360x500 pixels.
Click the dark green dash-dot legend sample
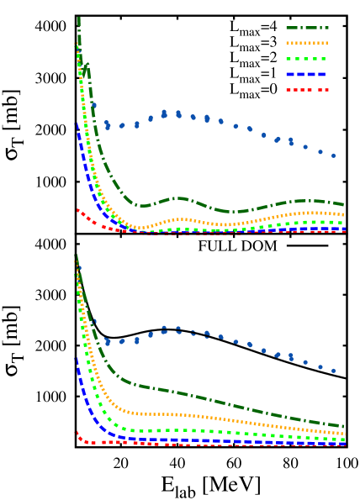click(306, 28)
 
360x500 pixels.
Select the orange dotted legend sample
click(306, 43)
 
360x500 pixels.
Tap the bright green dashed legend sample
click(306, 59)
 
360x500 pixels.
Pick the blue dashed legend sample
click(306, 74)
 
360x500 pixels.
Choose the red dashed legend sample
click(306, 90)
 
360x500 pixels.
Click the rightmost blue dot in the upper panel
click(333, 155)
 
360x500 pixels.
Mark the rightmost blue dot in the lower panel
click(333, 371)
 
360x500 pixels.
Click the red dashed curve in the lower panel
click(252, 445)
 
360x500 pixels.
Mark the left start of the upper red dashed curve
click(78, 210)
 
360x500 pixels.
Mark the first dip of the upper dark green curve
click(144, 205)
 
